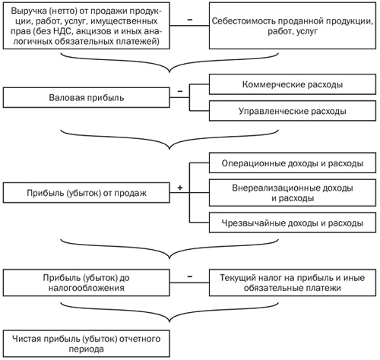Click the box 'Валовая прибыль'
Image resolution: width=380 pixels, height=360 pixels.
coord(87,97)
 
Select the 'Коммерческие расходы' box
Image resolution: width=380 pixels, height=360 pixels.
coord(293,84)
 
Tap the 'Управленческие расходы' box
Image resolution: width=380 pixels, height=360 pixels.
coord(293,111)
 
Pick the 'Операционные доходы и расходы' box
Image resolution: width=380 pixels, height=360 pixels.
coord(293,163)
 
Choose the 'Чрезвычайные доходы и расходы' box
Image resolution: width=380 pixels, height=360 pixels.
coord(293,223)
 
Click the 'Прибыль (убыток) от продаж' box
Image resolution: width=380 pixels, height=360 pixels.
coord(87,193)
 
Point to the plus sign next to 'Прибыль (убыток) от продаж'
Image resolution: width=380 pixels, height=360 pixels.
coord(180,188)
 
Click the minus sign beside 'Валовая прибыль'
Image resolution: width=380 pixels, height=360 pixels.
coord(180,91)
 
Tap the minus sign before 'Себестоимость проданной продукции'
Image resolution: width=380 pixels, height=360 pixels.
coord(190,20)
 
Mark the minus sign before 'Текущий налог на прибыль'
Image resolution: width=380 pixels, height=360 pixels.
coord(190,276)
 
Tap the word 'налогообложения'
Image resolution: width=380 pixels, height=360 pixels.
coord(87,288)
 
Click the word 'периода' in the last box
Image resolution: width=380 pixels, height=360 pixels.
coord(87,349)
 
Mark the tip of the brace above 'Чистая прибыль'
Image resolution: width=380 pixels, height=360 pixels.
coord(169,322)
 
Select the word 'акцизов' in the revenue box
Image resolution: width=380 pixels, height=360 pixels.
coord(97,31)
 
